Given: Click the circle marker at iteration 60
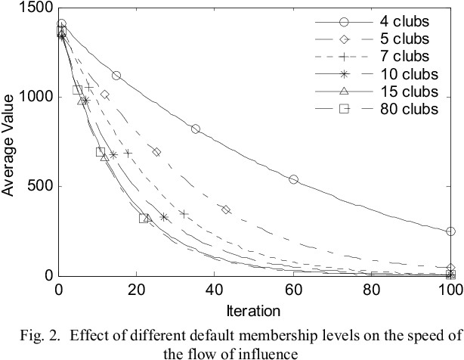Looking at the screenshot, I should [294, 179].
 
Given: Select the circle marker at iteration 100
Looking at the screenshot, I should [450, 231].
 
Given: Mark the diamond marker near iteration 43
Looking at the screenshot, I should [226, 209].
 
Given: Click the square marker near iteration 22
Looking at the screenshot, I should [144, 219].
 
